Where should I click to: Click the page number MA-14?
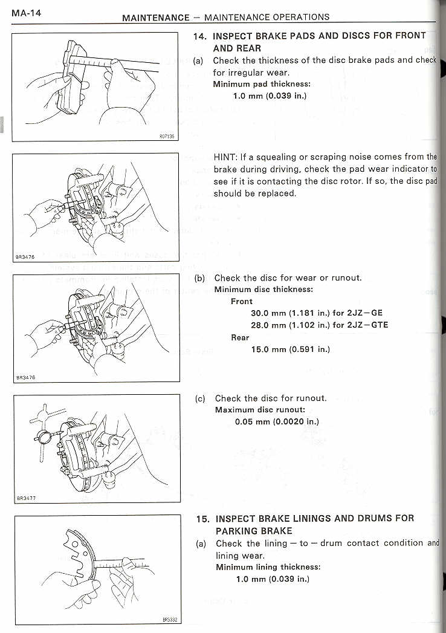tap(26, 13)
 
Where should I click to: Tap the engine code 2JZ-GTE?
tap(368, 325)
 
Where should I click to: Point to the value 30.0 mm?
tap(270, 313)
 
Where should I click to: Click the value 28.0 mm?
tap(270, 325)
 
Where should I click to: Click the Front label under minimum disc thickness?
tap(242, 301)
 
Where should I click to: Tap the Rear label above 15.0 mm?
tap(240, 337)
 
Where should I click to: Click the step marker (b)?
tap(200, 278)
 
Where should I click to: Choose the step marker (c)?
tap(200, 398)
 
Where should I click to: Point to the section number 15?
tap(202, 519)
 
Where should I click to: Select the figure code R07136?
tap(167, 137)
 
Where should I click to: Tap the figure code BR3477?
tap(26, 498)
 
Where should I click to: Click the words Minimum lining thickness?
tap(268, 567)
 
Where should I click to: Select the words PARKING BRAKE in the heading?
tap(254, 531)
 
